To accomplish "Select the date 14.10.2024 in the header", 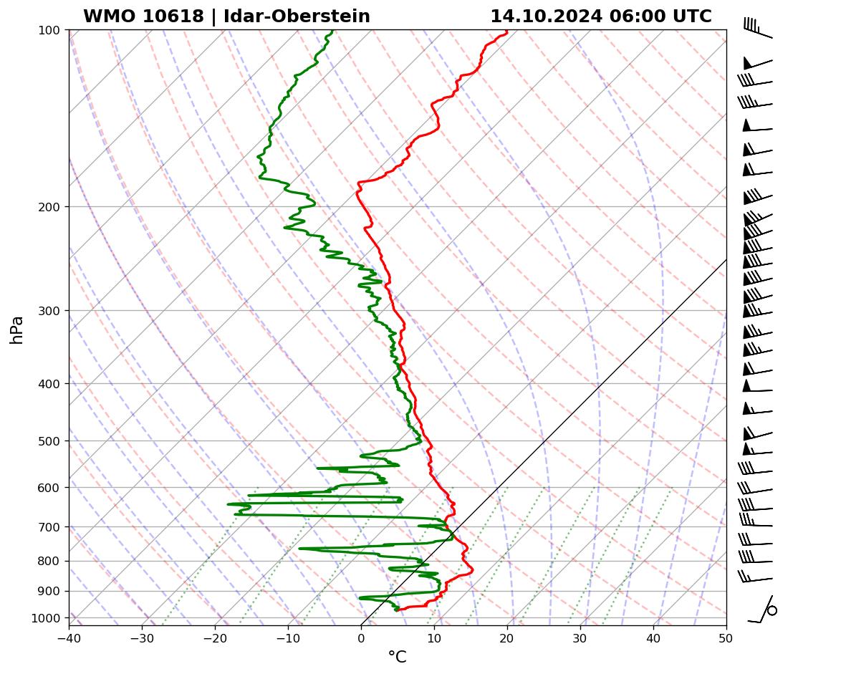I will [x=546, y=16].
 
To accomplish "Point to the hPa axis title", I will [x=16, y=330].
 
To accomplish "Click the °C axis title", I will [x=397, y=657].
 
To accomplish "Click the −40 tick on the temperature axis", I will [x=69, y=637].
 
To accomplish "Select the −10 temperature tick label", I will [x=288, y=637].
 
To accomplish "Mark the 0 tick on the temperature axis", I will [x=361, y=637].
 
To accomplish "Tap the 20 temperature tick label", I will [x=507, y=637].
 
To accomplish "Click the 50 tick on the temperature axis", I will [x=726, y=637].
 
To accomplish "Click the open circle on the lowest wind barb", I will [x=772, y=610].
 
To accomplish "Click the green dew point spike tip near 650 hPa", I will [x=228, y=504].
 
